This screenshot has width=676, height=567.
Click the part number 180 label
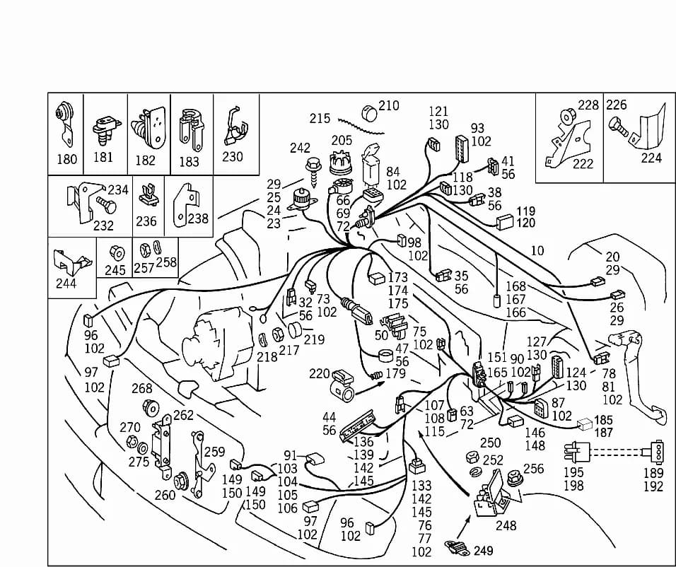pyautogui.click(x=67, y=159)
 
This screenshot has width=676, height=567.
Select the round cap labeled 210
pyautogui.click(x=369, y=113)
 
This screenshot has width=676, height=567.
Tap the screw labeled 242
pyautogui.click(x=313, y=171)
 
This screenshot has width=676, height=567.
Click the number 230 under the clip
pyautogui.click(x=233, y=156)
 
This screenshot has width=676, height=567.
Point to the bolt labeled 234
pyautogui.click(x=106, y=205)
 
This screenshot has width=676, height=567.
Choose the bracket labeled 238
pyautogui.click(x=185, y=206)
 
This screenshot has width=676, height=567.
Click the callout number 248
pyautogui.click(x=506, y=525)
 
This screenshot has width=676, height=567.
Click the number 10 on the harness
pyautogui.click(x=537, y=250)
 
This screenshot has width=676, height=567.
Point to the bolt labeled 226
pyautogui.click(x=617, y=128)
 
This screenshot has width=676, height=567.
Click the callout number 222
pyautogui.click(x=583, y=164)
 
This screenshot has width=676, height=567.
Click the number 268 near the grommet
pyautogui.click(x=142, y=389)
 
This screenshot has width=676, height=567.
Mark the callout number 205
pyautogui.click(x=342, y=141)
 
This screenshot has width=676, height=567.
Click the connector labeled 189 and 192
pyautogui.click(x=656, y=452)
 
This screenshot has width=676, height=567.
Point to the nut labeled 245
pyautogui.click(x=116, y=252)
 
